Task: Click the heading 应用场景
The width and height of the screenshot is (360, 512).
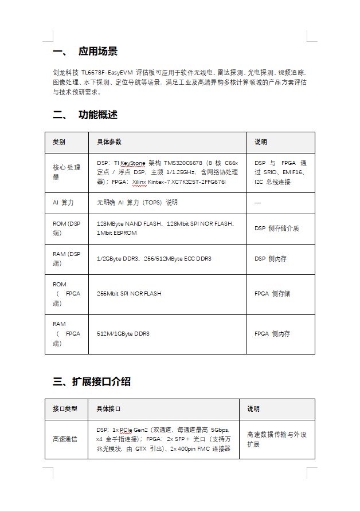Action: pyautogui.click(x=97, y=52)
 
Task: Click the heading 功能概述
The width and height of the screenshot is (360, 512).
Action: pyautogui.click(x=97, y=115)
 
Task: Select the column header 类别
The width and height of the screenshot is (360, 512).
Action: pyautogui.click(x=59, y=142)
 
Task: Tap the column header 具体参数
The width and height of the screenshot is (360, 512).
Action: pyautogui.click(x=109, y=142)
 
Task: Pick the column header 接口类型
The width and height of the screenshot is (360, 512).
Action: pyautogui.click(x=65, y=409)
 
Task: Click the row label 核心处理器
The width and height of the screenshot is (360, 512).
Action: pyautogui.click(x=66, y=172)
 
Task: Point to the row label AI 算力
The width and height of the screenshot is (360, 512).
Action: pyautogui.click(x=63, y=203)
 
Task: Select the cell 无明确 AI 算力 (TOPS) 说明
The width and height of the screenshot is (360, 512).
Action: pyautogui.click(x=137, y=203)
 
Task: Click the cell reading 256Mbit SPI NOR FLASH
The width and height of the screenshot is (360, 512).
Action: pyautogui.click(x=129, y=294)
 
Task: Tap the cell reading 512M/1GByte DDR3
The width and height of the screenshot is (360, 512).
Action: pyautogui.click(x=123, y=333)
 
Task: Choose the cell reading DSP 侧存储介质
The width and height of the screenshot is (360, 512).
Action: pyautogui.click(x=277, y=229)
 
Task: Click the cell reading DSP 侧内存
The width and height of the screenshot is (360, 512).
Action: pyautogui.click(x=271, y=259)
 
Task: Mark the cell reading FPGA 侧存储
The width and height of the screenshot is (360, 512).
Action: pyautogui.click(x=272, y=294)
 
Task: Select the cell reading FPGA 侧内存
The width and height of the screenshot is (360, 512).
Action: pyautogui.click(x=272, y=333)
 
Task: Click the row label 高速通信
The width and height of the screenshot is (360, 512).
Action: pyautogui.click(x=65, y=439)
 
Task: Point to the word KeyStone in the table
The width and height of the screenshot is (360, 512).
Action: pyautogui.click(x=133, y=163)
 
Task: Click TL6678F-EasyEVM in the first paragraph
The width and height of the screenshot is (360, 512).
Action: pyautogui.click(x=107, y=73)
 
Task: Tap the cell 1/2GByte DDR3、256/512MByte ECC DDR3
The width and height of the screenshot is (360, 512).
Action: pyautogui.click(x=154, y=259)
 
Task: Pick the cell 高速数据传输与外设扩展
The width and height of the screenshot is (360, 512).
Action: pyautogui.click(x=276, y=439)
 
